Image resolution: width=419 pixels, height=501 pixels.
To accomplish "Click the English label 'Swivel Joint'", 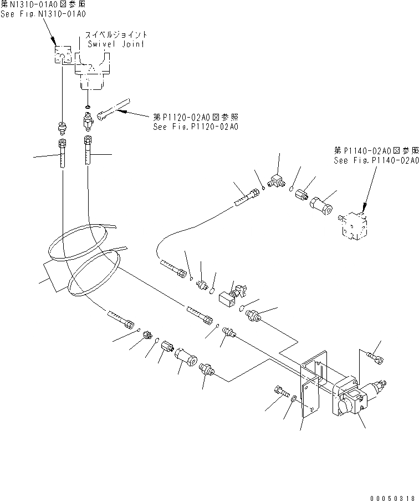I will click(117, 44).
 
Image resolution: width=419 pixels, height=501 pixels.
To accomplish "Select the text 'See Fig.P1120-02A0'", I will click(188, 126).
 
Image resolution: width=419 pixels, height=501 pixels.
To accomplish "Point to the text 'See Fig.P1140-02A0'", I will click(376, 160).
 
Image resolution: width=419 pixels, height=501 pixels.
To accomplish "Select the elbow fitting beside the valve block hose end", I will click(275, 178).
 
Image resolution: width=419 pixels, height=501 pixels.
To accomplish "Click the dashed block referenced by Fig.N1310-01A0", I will click(60, 54).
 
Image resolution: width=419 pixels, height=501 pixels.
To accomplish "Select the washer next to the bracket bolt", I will click(293, 398).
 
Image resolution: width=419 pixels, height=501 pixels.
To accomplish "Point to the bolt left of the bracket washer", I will click(279, 392).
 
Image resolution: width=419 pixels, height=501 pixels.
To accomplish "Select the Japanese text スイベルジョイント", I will click(117, 34).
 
